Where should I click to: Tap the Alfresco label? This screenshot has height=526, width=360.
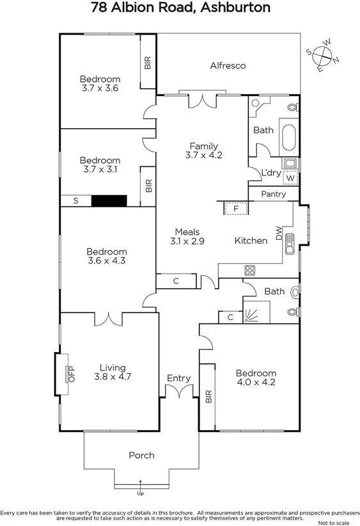click(228, 65)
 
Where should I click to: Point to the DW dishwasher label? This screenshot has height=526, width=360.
click(279, 233)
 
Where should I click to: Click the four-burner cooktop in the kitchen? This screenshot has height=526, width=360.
click(249, 271)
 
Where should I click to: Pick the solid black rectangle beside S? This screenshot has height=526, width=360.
click(109, 200)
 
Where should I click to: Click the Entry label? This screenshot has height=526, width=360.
click(178, 378)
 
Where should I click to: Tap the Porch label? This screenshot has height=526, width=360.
click(141, 455)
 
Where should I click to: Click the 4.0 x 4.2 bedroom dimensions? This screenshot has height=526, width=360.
click(256, 383)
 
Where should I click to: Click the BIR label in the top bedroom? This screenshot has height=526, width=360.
click(148, 62)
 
